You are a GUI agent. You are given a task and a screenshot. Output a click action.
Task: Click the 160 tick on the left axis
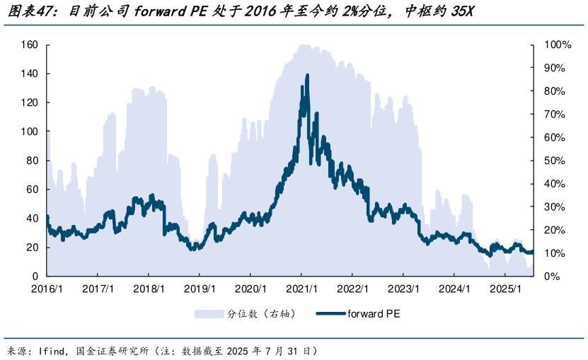pos(30,45)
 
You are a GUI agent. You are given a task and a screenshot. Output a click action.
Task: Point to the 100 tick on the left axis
pos(30,132)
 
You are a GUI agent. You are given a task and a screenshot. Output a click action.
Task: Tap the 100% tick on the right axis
pos(557,45)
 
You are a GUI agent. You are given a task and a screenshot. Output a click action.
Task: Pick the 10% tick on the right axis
pos(555,253)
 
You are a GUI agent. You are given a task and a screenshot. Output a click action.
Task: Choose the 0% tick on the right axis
pos(552,277)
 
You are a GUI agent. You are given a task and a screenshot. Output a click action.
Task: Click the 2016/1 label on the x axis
pos(47,289)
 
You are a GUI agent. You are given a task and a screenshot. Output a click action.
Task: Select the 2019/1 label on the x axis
pos(199,289)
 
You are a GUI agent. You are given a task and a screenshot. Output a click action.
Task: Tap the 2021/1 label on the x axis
pos(301,289)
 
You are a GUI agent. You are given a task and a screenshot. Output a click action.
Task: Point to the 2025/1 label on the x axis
pos(505,289)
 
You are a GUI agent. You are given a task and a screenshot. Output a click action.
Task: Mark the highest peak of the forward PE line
pos(307,74)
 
